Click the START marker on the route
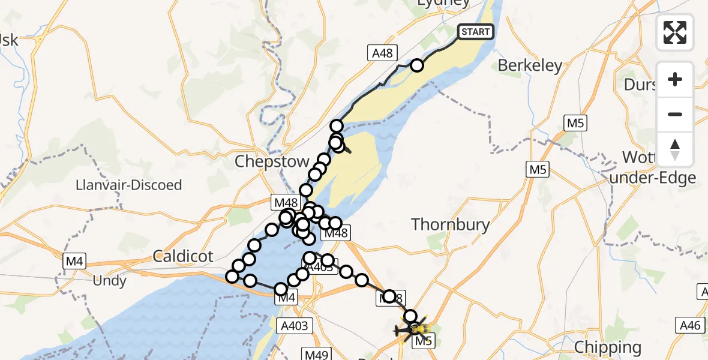[476, 31]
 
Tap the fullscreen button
[675, 32]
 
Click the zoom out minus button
[675, 114]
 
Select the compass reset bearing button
[675, 149]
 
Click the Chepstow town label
[272, 161]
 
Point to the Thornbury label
[451, 225]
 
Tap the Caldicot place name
[183, 257]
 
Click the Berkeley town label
[530, 65]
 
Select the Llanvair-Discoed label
[129, 185]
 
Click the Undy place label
[110, 280]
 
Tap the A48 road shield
[382, 53]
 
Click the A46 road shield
[689, 325]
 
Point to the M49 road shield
[317, 355]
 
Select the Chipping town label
[607, 347]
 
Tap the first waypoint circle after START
[416, 65]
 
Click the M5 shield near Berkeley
[575, 124]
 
